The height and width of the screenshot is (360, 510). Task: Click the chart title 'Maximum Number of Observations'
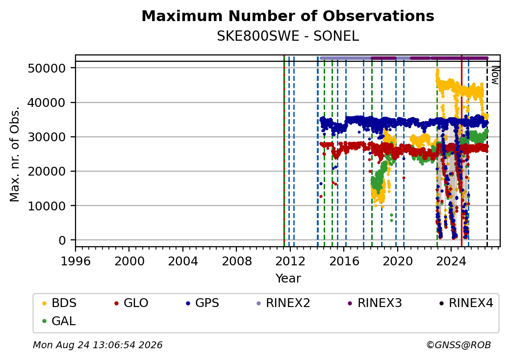coord(288,16)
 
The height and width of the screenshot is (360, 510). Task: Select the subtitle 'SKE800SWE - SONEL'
coord(288,36)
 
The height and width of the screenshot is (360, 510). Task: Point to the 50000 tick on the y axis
coord(47,68)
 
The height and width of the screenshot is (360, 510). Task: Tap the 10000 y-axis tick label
coord(47,206)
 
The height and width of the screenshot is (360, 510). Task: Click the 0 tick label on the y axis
coord(62,240)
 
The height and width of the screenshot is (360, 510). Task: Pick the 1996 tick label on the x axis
coord(76,261)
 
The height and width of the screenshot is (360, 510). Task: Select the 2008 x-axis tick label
coord(236,261)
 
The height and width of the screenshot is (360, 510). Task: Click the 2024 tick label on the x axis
coord(451,261)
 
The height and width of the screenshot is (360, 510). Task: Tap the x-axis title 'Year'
coord(288,279)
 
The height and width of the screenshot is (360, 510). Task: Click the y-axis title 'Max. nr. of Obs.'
coord(15,154)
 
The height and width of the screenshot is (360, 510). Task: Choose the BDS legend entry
coord(59,303)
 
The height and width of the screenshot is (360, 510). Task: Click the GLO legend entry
coord(131,303)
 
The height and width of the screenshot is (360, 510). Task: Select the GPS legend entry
coord(203,303)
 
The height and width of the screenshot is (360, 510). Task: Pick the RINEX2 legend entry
coord(283,303)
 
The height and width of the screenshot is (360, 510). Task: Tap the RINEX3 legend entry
coord(375,303)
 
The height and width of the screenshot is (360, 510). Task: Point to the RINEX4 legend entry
coord(466,303)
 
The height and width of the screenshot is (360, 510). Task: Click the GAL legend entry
coord(59,321)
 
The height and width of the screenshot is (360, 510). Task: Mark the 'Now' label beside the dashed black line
coord(495,75)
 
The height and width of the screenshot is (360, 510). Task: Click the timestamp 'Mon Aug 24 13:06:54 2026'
coord(98,345)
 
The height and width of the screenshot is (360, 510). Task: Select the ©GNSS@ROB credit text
coord(459,345)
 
